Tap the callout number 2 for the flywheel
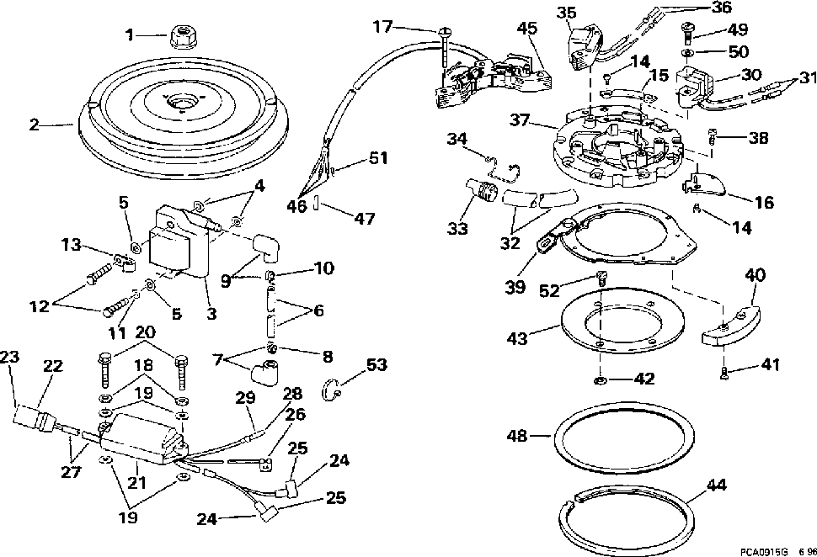(x=34, y=125)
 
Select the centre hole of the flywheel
(x=179, y=101)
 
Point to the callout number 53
(x=376, y=364)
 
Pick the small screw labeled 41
(x=724, y=372)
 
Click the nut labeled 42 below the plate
(x=599, y=380)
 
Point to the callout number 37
(x=520, y=120)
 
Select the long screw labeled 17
(x=444, y=51)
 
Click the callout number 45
(x=526, y=29)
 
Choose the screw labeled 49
(x=688, y=31)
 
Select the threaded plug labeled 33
(x=479, y=188)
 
